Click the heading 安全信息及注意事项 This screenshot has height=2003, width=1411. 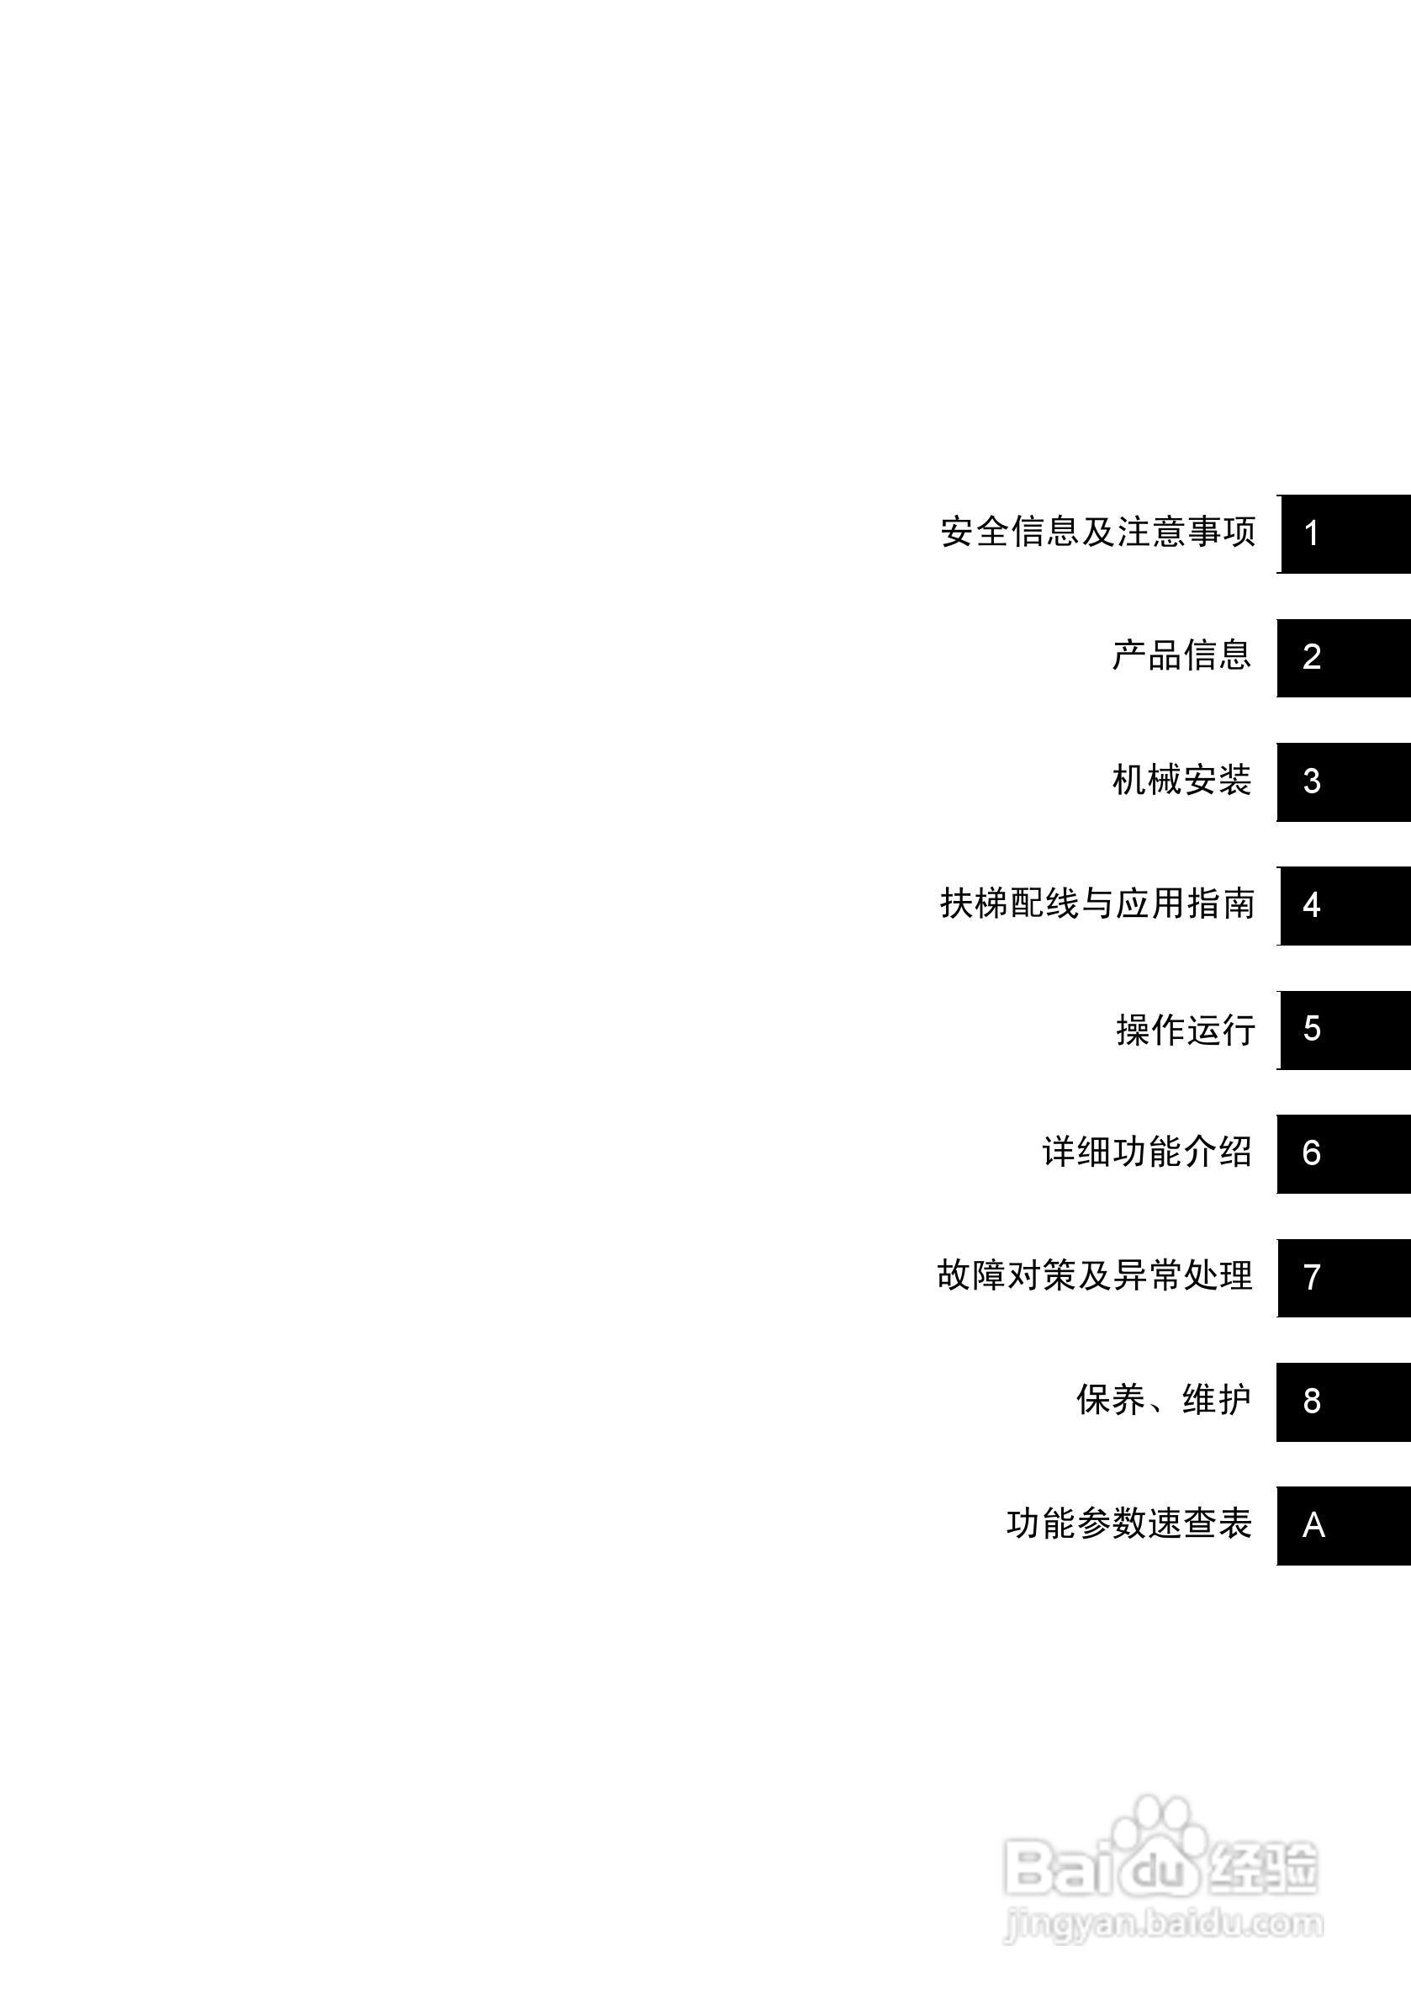click(1097, 533)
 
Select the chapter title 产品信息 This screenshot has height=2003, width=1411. click(1181, 656)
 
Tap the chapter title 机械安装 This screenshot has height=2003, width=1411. click(1181, 780)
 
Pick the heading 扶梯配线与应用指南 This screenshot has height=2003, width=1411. click(1097, 903)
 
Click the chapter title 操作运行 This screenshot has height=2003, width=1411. click(1185, 1030)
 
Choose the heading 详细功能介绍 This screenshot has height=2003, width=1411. click(1147, 1153)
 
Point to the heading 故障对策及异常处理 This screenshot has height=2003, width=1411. click(1095, 1276)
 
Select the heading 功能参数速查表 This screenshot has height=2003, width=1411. click(1129, 1524)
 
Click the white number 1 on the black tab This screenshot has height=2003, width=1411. click(1311, 534)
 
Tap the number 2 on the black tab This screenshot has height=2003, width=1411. click(1312, 658)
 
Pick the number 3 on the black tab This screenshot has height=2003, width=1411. click(1312, 782)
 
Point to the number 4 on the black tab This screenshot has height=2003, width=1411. click(1312, 905)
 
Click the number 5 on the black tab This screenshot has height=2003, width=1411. click(1312, 1030)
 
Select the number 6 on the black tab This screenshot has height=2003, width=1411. click(1312, 1153)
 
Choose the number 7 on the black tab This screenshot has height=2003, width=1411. click(1312, 1277)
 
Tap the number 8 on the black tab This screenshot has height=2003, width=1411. click(1312, 1401)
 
